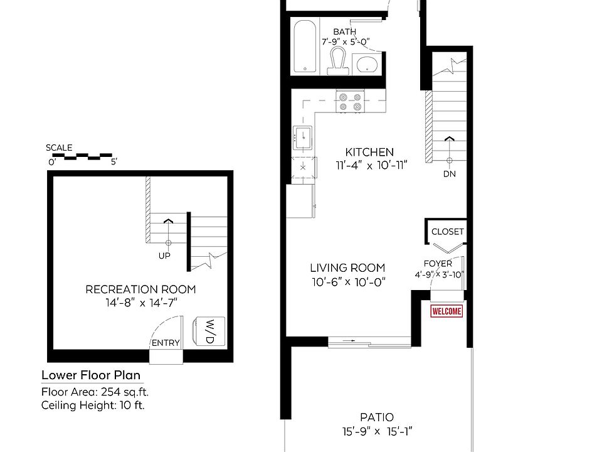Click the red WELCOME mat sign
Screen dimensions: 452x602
click(446, 311)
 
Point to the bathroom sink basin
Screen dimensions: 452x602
click(366, 63)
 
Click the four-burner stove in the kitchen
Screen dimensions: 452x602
click(350, 101)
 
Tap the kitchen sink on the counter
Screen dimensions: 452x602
click(302, 137)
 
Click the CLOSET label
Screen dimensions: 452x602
click(448, 232)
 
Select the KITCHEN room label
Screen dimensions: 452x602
click(369, 152)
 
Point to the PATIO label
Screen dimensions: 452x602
click(377, 417)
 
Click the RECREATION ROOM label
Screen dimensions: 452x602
click(140, 289)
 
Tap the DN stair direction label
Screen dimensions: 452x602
click(449, 174)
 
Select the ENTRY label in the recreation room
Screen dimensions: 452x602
click(166, 343)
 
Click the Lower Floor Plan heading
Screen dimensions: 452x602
click(90, 375)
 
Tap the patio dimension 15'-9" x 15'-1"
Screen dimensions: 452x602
click(377, 431)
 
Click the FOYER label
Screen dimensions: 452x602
click(437, 264)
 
